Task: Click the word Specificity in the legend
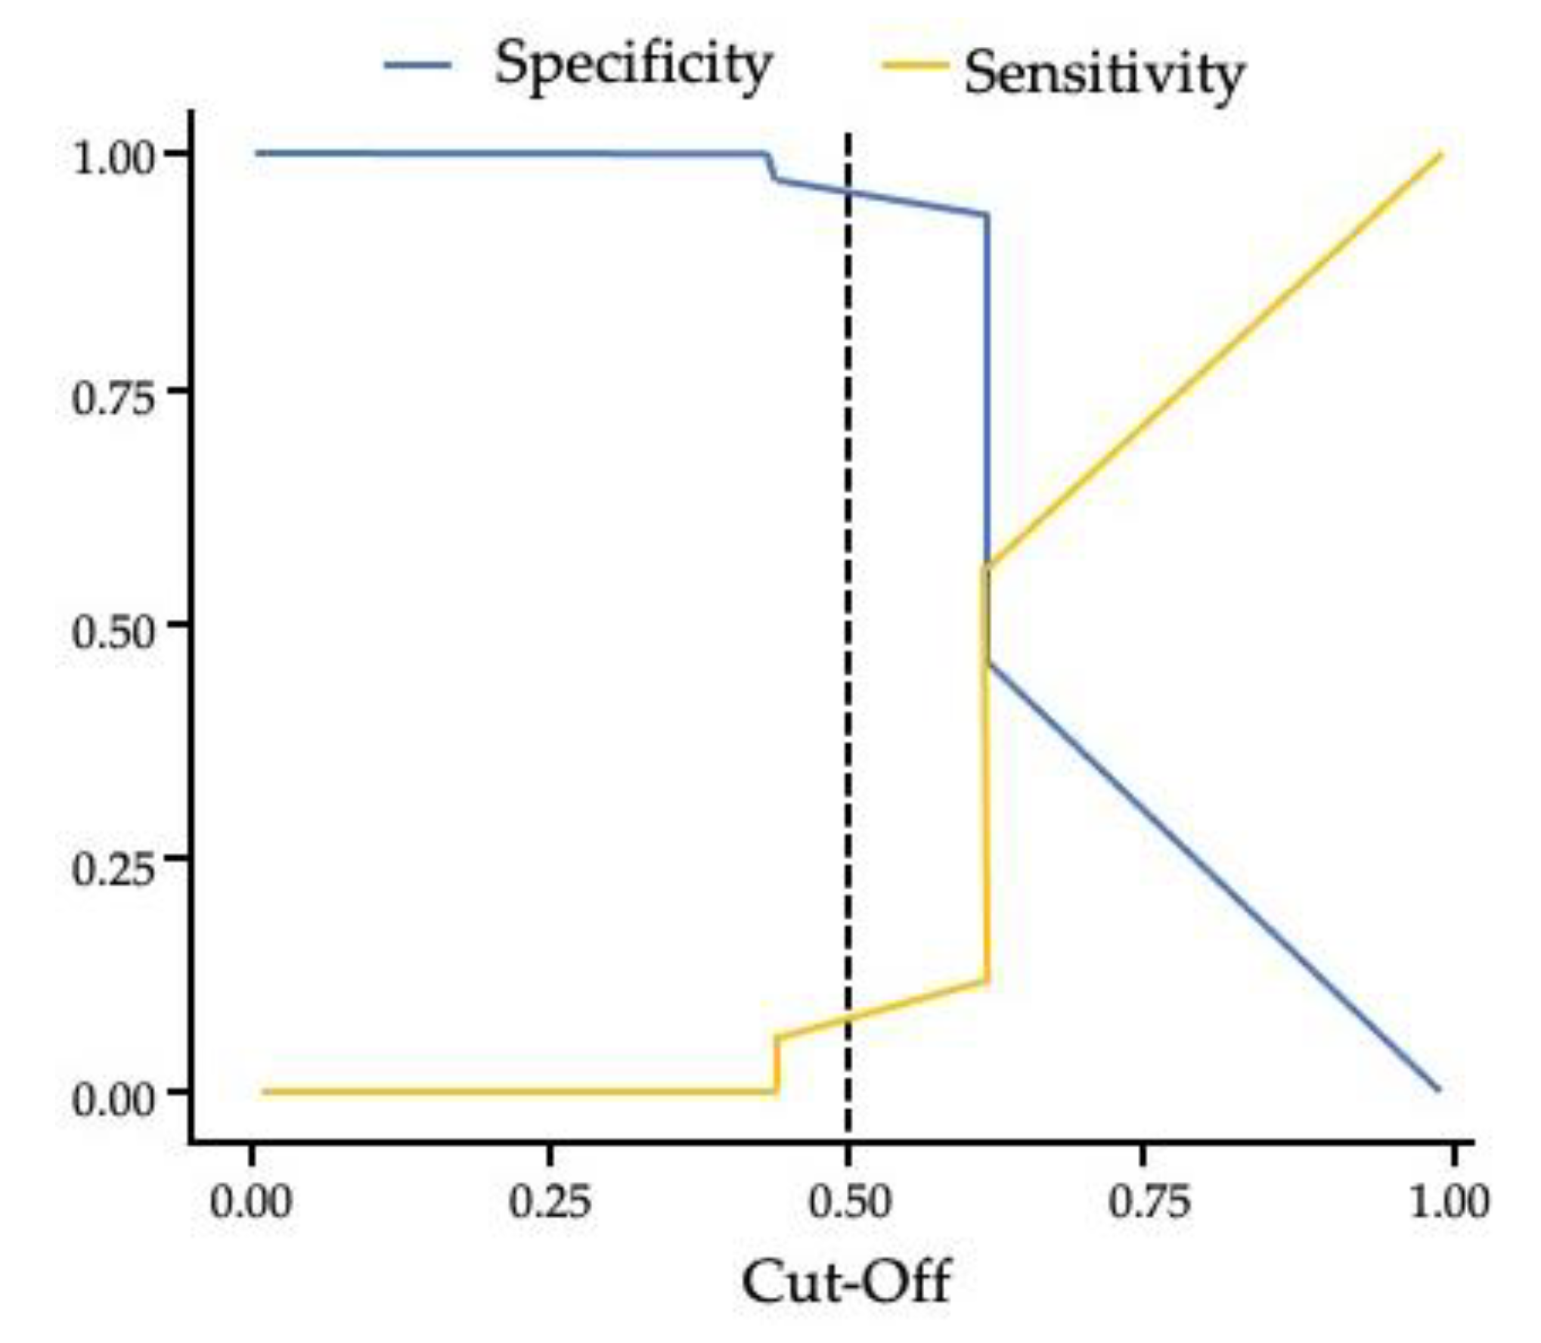pos(634,65)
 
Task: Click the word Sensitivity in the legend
pos(1103,75)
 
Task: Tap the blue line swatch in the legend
pos(417,65)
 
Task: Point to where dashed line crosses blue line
pos(848,191)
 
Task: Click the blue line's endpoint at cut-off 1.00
pos(1438,1090)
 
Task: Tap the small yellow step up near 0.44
pos(776,1062)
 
